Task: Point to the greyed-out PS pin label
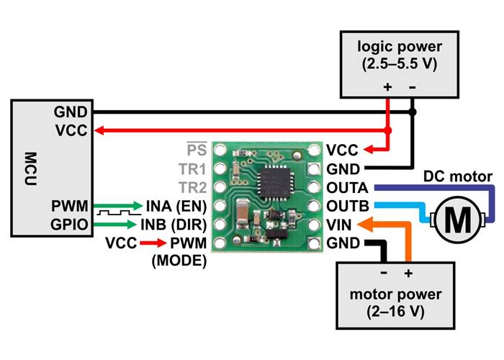196,150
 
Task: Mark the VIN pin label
339,225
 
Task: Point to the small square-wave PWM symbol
114,215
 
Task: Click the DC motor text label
458,176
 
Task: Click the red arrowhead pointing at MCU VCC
102,131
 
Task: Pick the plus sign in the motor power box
408,274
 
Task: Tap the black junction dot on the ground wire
413,112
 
